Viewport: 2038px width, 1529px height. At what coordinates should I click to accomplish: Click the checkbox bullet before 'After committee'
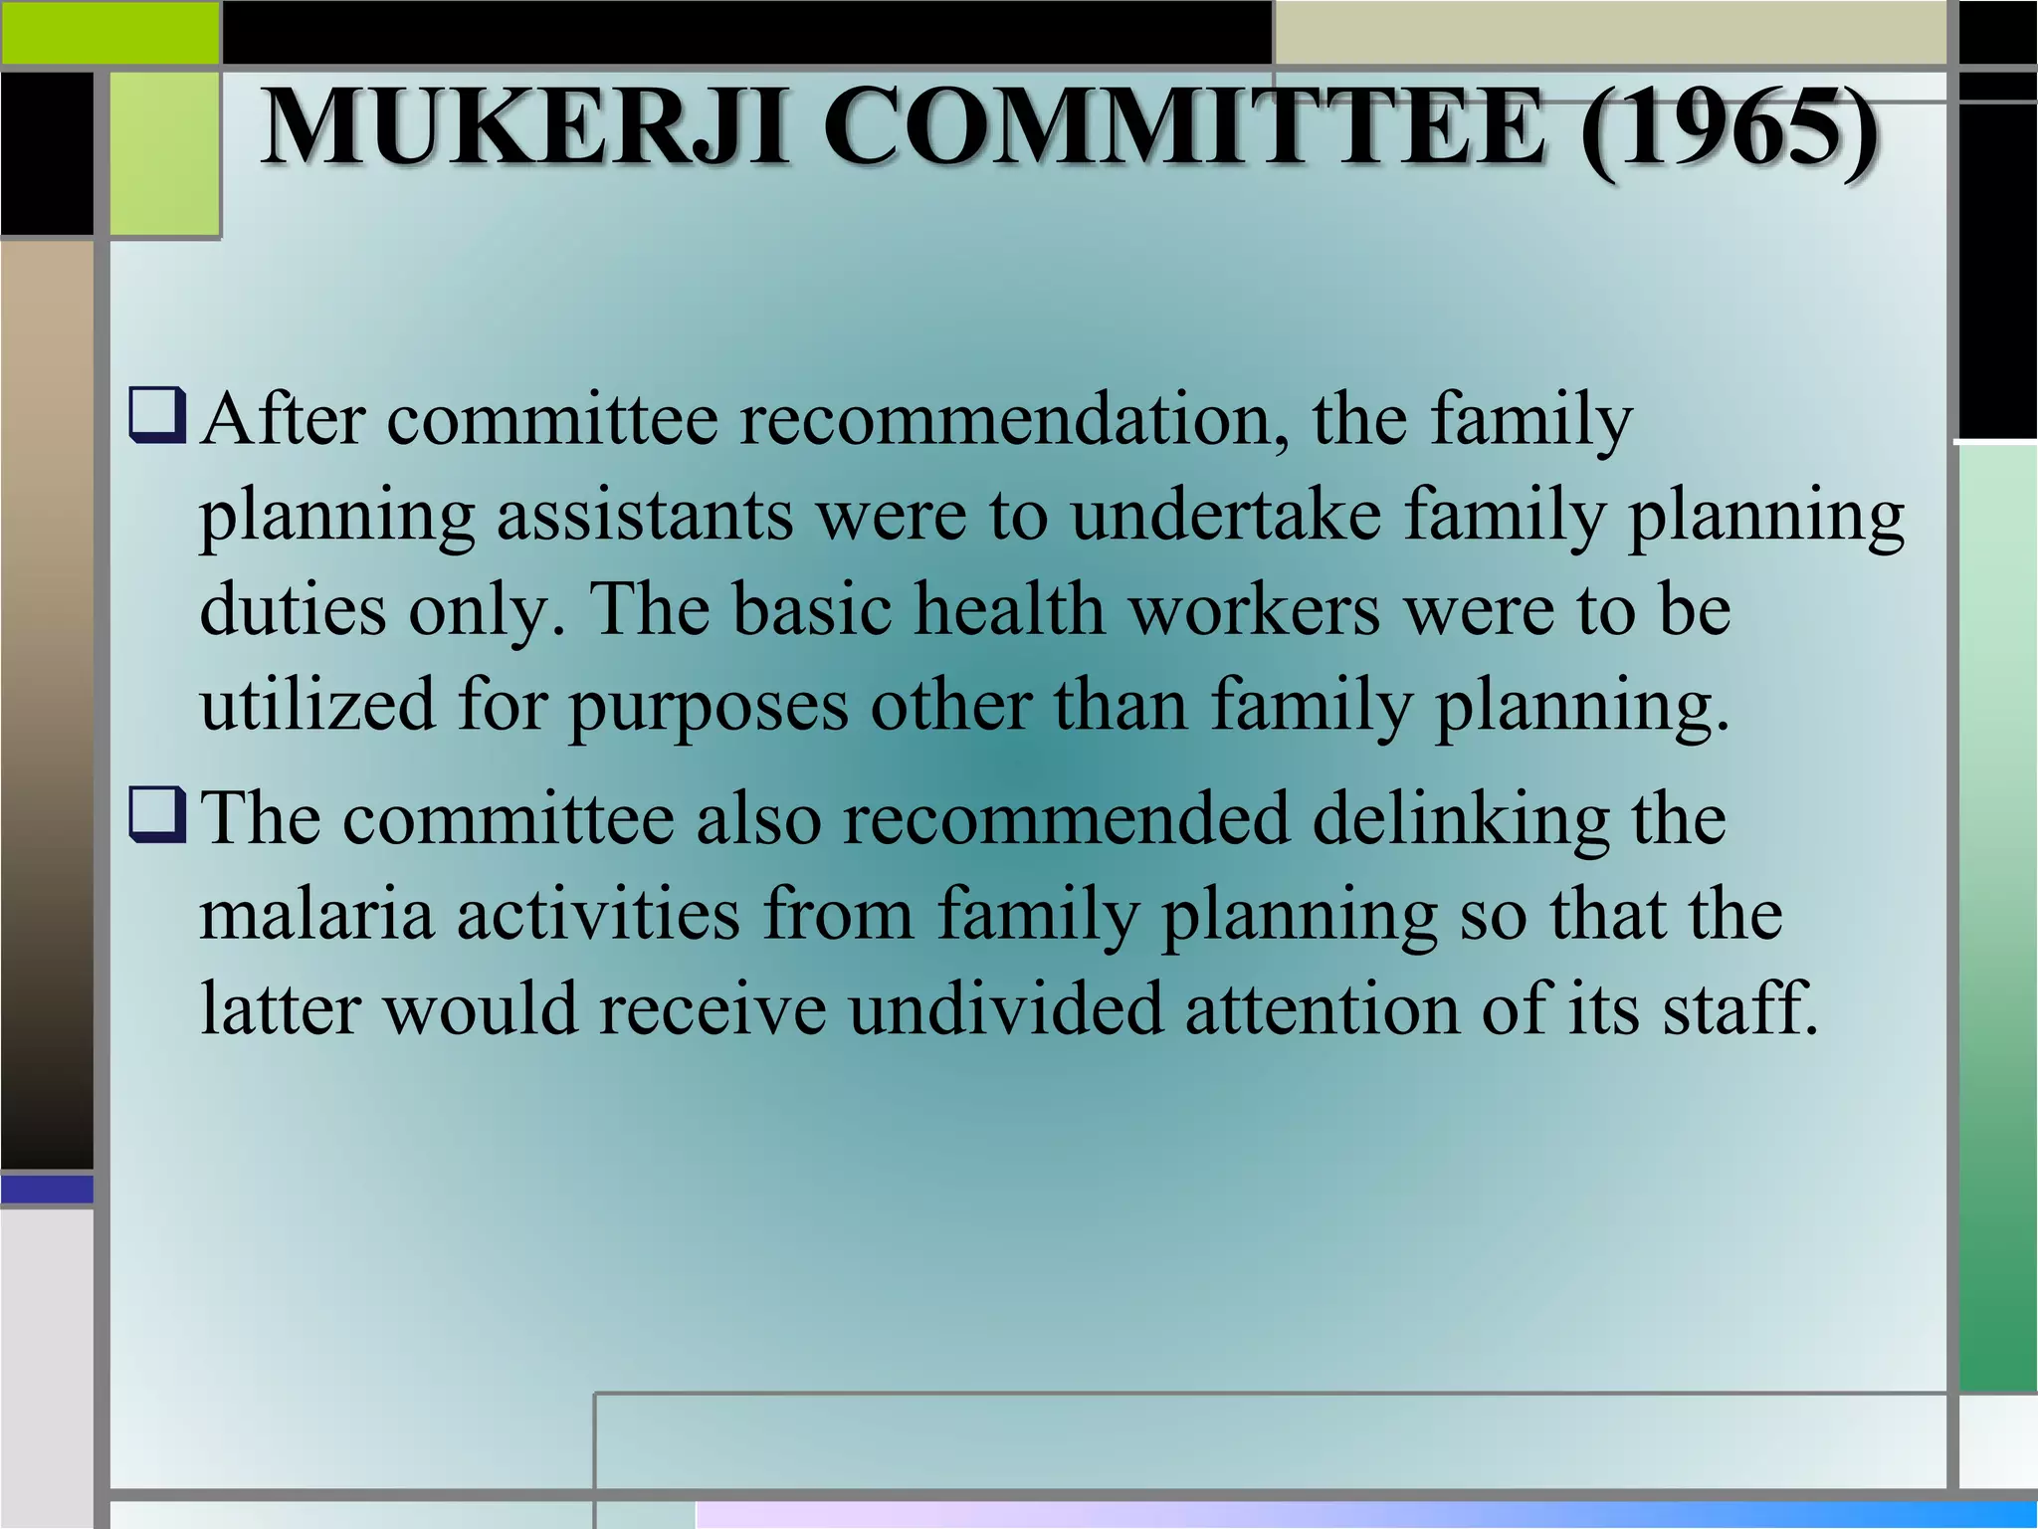(x=157, y=420)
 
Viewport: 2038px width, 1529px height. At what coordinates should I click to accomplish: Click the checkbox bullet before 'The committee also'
(x=157, y=817)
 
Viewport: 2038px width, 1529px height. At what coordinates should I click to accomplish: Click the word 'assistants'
(x=645, y=516)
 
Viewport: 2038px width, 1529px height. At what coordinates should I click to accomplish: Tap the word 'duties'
(x=293, y=609)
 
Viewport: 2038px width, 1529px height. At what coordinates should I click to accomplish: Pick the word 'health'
(x=1010, y=609)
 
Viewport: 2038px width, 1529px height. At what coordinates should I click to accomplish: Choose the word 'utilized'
(x=317, y=705)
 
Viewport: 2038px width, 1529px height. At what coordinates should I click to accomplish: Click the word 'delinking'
(x=1461, y=819)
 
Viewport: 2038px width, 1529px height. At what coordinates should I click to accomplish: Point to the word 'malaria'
(x=317, y=914)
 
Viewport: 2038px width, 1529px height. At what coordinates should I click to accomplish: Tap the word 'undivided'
(x=1006, y=1008)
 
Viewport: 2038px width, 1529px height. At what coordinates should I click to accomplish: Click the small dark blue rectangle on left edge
(x=47, y=1190)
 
